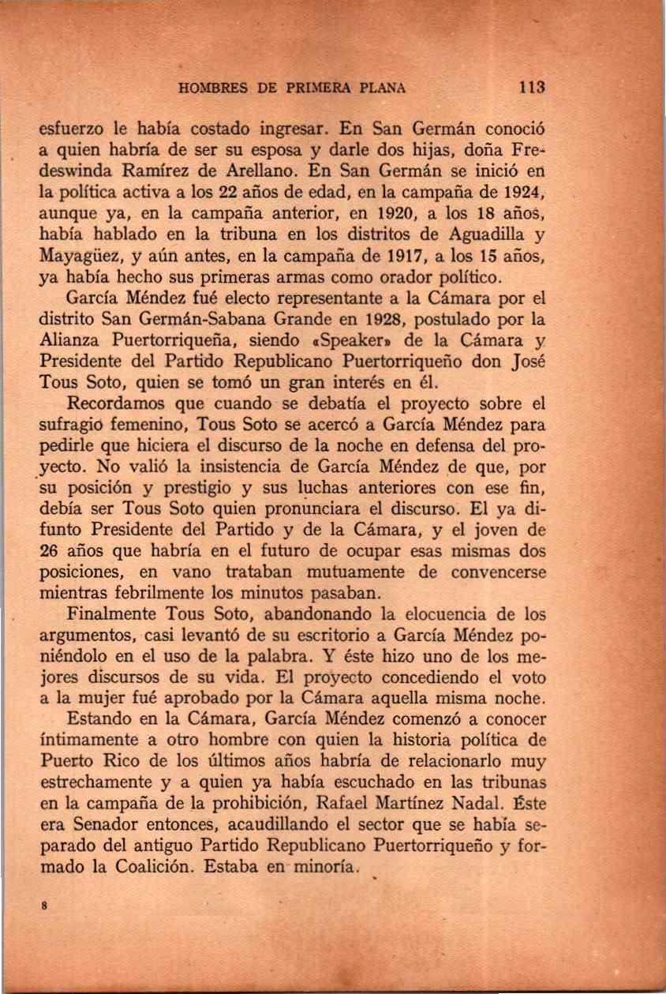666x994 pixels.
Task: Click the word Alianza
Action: coord(69,343)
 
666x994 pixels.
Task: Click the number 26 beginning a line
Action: coord(51,552)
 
